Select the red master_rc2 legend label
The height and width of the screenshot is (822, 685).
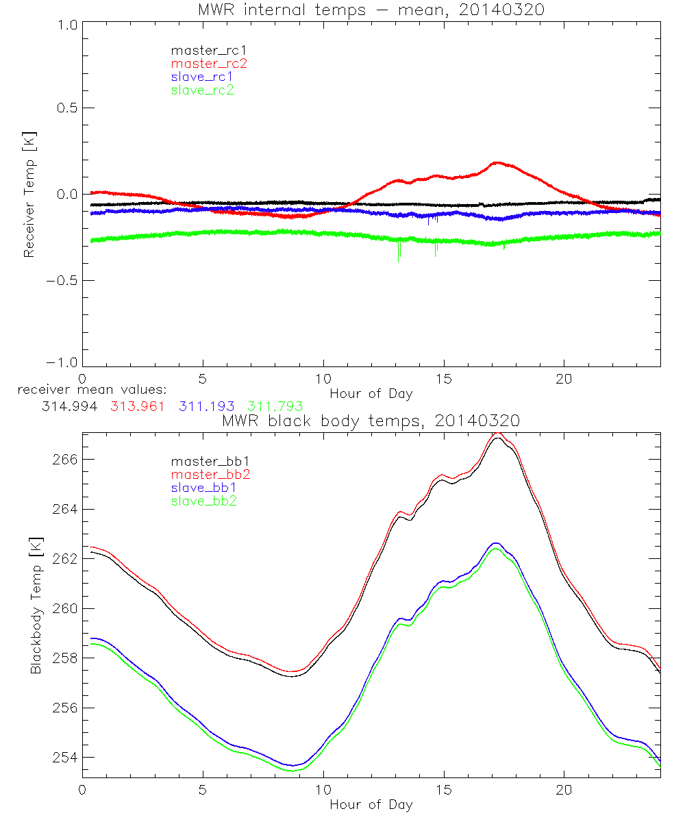[x=208, y=64]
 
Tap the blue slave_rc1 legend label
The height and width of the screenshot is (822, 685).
[x=202, y=77]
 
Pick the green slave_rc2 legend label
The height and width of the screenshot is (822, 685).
[x=202, y=90]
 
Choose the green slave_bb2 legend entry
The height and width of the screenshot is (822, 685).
[x=202, y=502]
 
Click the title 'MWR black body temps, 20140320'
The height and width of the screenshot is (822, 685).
[x=371, y=421]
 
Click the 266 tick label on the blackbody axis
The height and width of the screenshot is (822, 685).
[x=64, y=460]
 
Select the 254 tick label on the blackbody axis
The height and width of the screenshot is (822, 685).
[x=64, y=758]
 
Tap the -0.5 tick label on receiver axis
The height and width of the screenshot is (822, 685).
[x=60, y=281]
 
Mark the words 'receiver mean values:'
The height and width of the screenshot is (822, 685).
[x=78, y=390]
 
